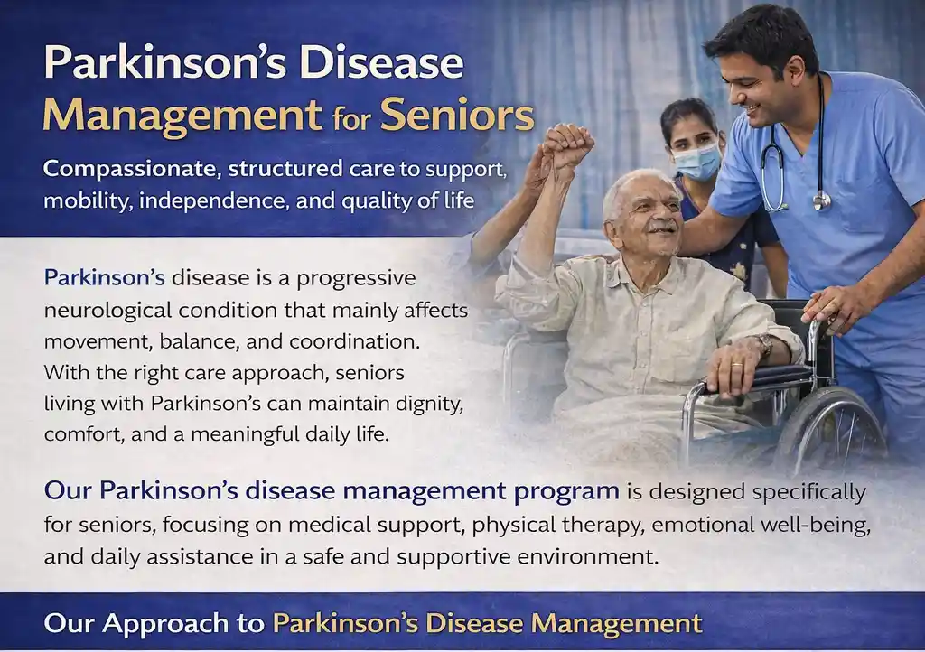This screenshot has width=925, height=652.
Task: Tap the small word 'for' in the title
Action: pos(350,117)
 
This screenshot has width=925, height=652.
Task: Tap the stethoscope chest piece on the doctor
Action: pos(820,200)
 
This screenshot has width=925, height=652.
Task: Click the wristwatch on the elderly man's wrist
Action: pos(765,345)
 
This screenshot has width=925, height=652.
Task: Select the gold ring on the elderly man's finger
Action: pos(737,366)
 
